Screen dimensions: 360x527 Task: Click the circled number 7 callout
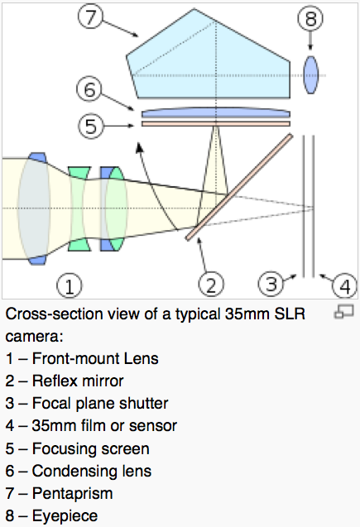click(x=90, y=17)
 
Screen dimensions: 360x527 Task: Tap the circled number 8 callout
click(x=310, y=18)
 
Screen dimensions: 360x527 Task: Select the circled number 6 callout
click(x=89, y=89)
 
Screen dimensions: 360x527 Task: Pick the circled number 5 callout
click(x=91, y=126)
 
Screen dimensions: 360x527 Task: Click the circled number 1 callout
click(x=69, y=286)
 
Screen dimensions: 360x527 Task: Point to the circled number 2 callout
click(x=211, y=285)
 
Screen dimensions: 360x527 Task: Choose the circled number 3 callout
click(x=271, y=284)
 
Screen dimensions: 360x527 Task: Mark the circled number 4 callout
click(x=345, y=286)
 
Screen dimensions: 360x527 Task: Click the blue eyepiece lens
click(x=310, y=75)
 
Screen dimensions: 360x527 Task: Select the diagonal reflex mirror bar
click(x=239, y=188)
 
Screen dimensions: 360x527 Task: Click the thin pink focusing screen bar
click(x=216, y=124)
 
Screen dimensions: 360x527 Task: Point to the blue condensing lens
click(x=216, y=113)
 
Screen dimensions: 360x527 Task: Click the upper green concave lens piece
click(x=79, y=173)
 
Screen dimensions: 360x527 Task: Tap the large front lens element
click(x=34, y=208)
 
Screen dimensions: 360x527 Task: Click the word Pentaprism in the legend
click(x=72, y=493)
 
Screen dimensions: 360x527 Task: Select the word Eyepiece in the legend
click(x=65, y=516)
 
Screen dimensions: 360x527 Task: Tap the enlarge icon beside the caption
click(x=344, y=311)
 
